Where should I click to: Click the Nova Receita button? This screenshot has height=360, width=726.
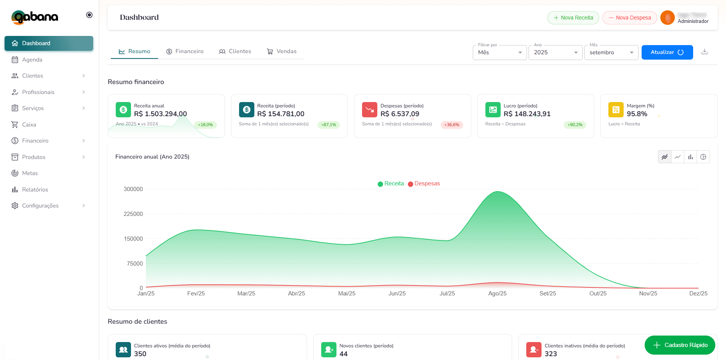pos(573,18)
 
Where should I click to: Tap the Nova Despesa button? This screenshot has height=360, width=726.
pos(629,18)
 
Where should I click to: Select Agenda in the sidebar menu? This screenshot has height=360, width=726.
pos(32,60)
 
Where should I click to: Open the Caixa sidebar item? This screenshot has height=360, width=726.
pos(29,125)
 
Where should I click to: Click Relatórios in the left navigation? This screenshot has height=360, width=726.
pos(35,190)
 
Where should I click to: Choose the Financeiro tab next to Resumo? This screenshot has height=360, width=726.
pos(185,51)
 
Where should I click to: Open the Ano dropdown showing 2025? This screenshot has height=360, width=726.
pos(555,52)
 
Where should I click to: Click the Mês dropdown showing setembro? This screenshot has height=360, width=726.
pos(611,52)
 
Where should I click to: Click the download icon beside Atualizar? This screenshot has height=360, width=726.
pos(705,52)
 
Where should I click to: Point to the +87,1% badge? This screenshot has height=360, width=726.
pos(328,125)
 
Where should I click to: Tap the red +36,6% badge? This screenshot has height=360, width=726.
pos(451,125)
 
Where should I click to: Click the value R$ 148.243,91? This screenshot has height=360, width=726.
pos(527,114)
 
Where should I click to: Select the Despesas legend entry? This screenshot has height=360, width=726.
pos(424,183)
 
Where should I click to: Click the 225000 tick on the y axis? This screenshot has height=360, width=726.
pos(133,214)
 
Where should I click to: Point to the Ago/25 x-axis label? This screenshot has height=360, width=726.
pos(497,294)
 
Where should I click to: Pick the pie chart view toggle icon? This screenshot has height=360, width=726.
pos(703,157)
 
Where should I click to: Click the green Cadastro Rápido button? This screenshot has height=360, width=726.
pos(680,345)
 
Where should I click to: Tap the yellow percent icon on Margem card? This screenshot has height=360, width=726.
pos(616,110)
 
